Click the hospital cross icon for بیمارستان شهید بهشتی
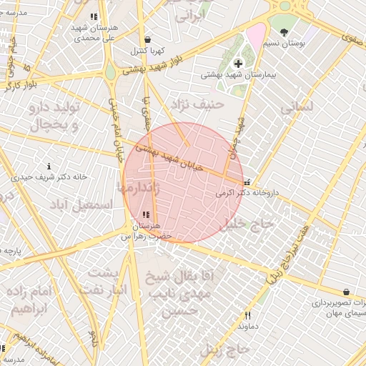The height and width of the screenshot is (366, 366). tap(238, 64)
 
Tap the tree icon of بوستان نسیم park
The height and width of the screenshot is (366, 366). tap(285, 32)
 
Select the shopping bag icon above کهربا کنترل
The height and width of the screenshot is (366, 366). tap(147, 40)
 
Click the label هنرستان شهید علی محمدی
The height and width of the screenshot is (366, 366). tap(94, 31)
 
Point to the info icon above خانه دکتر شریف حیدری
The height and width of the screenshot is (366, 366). tap(49, 166)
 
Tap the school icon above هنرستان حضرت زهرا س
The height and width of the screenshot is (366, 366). tap(146, 214)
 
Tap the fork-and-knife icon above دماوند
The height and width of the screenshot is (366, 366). tap(248, 315)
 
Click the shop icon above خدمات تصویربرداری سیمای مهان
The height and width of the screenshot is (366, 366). tap(347, 292)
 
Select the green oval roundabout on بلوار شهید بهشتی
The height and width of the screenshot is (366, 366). tap(110, 73)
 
